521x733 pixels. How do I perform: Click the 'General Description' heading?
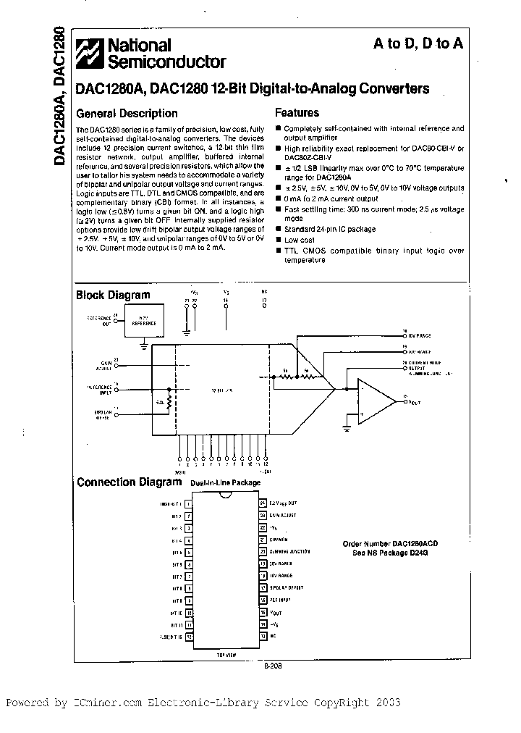point(127,113)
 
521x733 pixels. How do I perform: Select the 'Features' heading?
point(297,113)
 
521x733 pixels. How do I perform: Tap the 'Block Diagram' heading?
point(114,295)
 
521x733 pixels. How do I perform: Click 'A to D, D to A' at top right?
point(418,43)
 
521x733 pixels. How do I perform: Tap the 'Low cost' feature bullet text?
point(300,240)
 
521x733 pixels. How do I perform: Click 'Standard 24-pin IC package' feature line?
point(330,229)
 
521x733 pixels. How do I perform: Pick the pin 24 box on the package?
point(263,501)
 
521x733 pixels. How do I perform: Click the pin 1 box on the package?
point(189,501)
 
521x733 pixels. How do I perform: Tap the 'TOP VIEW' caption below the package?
point(225,654)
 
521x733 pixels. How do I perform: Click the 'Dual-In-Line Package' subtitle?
point(226,483)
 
